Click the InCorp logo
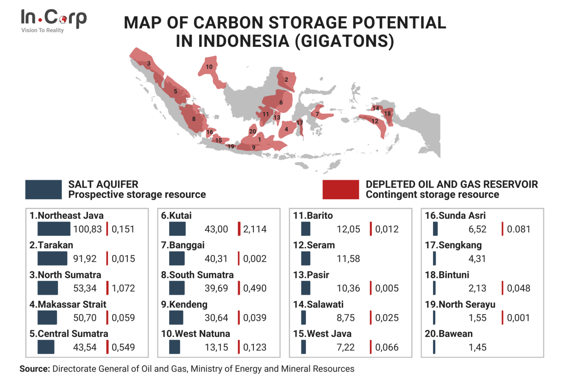coord(53,20)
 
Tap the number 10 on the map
coord(209,67)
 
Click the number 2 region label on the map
coord(286,80)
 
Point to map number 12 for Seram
coord(375,121)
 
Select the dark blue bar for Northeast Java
coord(54,229)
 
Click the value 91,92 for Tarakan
coord(85,259)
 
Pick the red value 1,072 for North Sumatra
coord(123,288)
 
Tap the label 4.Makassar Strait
coord(68,304)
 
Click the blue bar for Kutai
coord(177,229)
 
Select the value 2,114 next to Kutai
coord(255,229)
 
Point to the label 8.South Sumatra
coord(197,275)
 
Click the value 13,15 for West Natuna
coord(216,347)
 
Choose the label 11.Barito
coord(313,216)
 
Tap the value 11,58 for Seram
coord(348,259)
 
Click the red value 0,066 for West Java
coord(387,347)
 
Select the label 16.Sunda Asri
coord(455,216)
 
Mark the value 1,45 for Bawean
coord(477,347)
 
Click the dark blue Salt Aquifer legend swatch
coord(43,189)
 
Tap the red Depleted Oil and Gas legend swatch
coord(341,189)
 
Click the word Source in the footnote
coord(35,369)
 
